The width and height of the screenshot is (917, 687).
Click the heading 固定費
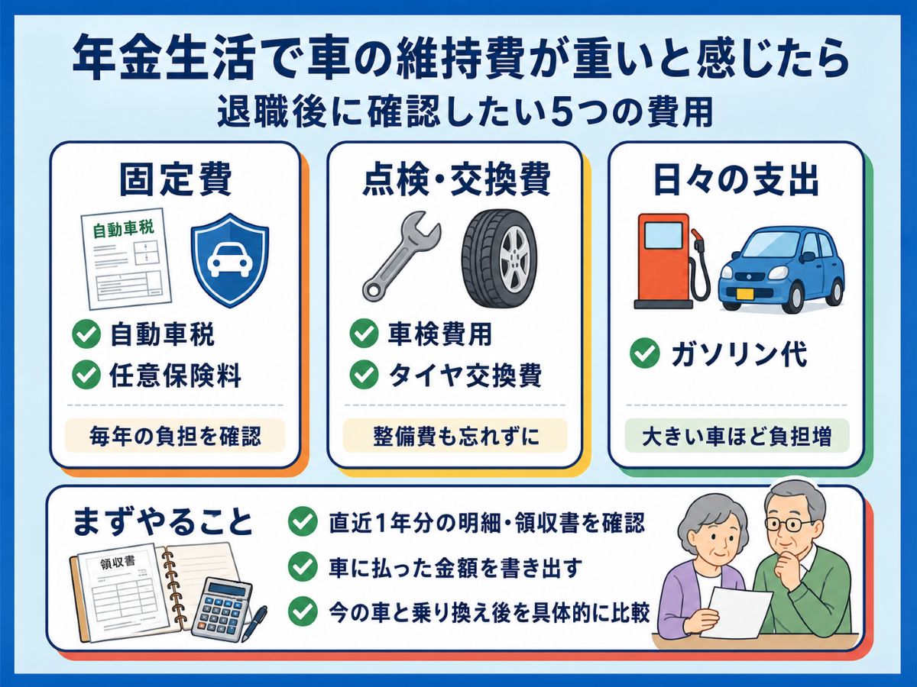click(176, 180)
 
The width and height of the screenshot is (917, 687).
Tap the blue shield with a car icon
click(230, 260)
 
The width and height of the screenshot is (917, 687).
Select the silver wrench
click(401, 256)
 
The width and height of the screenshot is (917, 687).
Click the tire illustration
click(499, 259)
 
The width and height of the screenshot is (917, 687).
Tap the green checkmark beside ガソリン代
click(645, 353)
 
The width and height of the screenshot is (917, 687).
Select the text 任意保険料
click(175, 376)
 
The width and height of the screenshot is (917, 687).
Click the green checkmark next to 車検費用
click(364, 334)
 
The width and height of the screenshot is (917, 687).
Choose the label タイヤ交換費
click(465, 375)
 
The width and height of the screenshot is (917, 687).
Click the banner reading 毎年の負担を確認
click(175, 437)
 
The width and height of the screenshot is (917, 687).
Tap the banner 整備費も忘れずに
click(455, 437)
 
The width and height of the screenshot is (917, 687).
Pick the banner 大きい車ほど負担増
click(737, 437)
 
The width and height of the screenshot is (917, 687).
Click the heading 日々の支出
click(735, 180)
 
